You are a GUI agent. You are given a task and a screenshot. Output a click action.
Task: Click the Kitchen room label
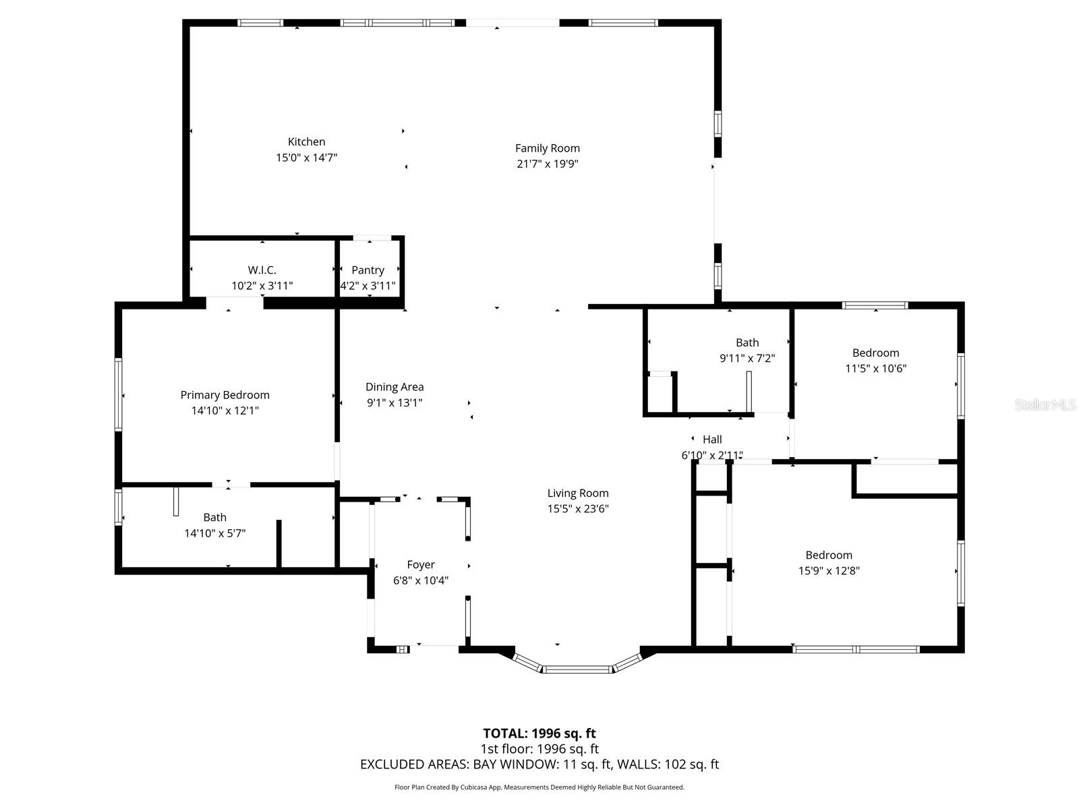(x=306, y=142)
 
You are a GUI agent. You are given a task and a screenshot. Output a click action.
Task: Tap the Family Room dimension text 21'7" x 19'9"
(x=548, y=164)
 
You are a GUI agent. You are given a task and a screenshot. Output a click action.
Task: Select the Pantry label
(x=368, y=270)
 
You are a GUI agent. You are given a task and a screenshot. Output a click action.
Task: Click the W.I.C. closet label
(x=262, y=270)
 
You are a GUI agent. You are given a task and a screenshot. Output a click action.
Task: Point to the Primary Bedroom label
(x=225, y=395)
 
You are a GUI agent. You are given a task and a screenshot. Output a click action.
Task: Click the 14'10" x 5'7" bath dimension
(x=214, y=533)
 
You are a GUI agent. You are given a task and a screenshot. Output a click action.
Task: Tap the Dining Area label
(x=395, y=387)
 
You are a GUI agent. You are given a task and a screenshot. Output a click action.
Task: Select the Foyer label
(x=420, y=565)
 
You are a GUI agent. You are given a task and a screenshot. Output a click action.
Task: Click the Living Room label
(x=578, y=493)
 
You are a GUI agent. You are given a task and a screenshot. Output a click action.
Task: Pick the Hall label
(x=712, y=440)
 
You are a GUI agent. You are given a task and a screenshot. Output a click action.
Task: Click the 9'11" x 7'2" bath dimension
(x=747, y=359)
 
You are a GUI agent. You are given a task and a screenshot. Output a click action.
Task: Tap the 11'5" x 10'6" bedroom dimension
(x=875, y=369)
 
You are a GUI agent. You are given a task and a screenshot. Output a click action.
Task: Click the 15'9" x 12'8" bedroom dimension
(x=829, y=571)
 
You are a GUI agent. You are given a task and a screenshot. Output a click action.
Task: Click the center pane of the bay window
(x=577, y=669)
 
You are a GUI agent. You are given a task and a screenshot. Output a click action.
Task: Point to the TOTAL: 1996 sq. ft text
(x=539, y=733)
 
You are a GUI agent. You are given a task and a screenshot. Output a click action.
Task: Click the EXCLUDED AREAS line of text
(x=539, y=765)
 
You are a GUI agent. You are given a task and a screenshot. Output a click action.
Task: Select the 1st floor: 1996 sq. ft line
(x=539, y=749)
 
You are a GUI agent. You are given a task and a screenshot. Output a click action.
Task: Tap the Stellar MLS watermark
(x=1045, y=405)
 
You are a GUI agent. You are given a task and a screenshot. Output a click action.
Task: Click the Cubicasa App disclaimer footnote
(x=539, y=787)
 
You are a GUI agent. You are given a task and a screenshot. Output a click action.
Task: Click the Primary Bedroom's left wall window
(x=119, y=394)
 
